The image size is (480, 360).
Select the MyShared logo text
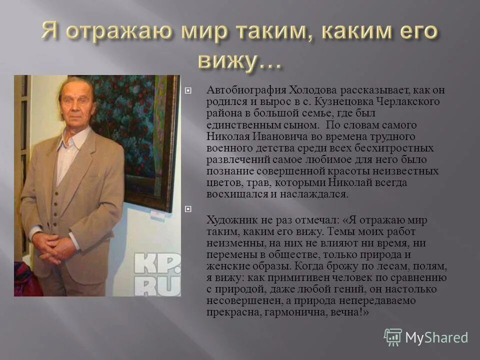436,337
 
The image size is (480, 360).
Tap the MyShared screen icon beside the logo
393,337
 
